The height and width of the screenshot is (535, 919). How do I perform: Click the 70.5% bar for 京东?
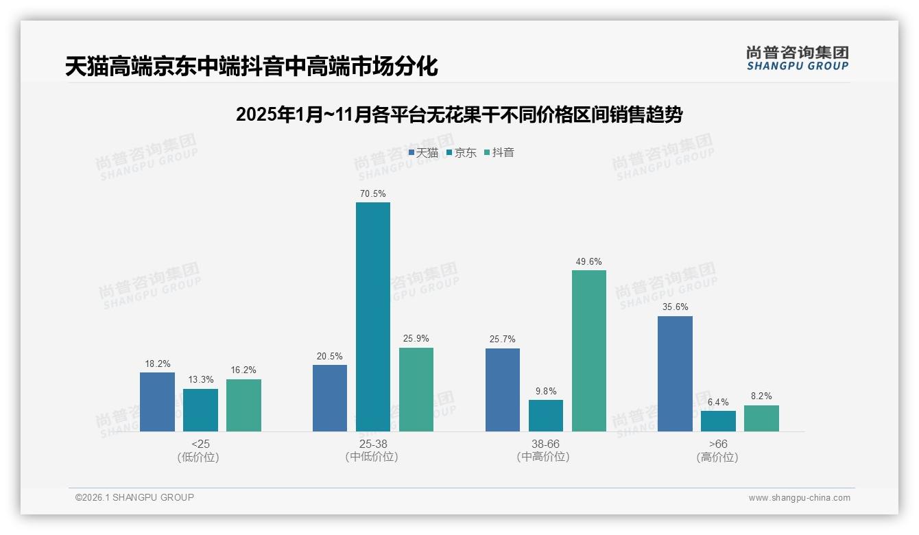pyautogui.click(x=372, y=316)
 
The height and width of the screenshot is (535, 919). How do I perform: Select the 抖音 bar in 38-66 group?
pyautogui.click(x=589, y=350)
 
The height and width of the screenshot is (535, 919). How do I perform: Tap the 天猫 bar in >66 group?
pyautogui.click(x=675, y=374)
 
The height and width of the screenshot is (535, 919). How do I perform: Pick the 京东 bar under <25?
pyautogui.click(x=200, y=410)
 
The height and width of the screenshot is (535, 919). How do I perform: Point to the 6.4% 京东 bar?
pyautogui.click(x=718, y=421)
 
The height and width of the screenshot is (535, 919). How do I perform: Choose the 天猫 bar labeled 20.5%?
pyautogui.click(x=330, y=398)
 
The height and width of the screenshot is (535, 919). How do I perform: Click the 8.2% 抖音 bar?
pyautogui.click(x=761, y=418)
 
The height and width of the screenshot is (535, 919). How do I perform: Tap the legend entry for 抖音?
pyautogui.click(x=499, y=153)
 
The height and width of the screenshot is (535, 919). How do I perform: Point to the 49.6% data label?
pyautogui.click(x=589, y=262)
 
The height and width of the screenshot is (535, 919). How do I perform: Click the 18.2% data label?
pyautogui.click(x=157, y=364)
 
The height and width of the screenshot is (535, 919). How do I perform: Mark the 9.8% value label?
pyautogui.click(x=546, y=392)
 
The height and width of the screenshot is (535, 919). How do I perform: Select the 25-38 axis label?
pyautogui.click(x=372, y=444)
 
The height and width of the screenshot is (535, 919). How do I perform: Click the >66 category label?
pyautogui.click(x=718, y=444)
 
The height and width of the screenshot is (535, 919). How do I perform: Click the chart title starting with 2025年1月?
pyautogui.click(x=459, y=115)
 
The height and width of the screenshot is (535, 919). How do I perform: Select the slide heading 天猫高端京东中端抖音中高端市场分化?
pyautogui.click(x=251, y=67)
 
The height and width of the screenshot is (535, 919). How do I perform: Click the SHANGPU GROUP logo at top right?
pyautogui.click(x=797, y=58)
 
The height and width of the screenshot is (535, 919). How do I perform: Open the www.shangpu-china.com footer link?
pyautogui.click(x=799, y=498)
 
